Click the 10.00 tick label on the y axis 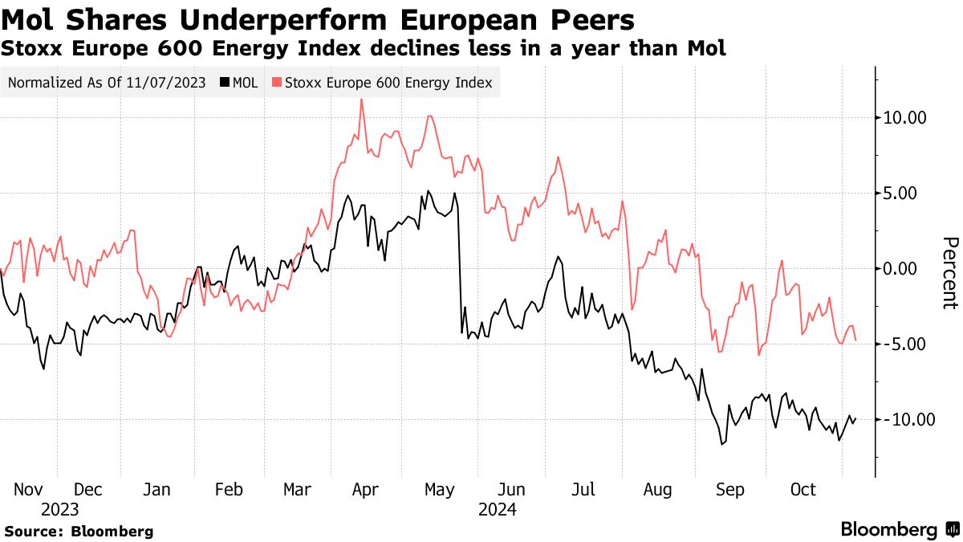tap(904, 118)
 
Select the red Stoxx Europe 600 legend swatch tap(278, 83)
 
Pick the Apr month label tap(366, 490)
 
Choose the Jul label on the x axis tap(583, 490)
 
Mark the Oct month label tap(802, 490)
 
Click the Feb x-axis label tap(229, 490)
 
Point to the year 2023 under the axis tap(60, 509)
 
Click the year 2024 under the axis tap(498, 509)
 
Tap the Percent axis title tap(950, 273)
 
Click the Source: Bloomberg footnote tap(79, 531)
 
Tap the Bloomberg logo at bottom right tap(899, 529)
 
